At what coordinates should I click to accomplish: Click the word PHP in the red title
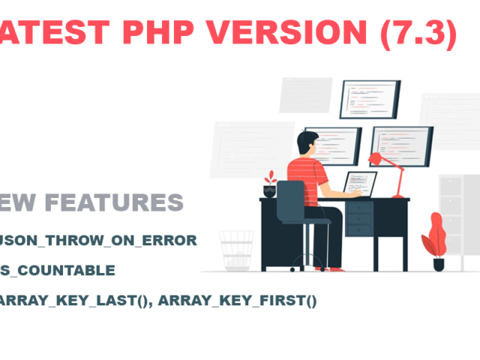click(x=155, y=33)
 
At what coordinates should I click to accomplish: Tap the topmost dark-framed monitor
click(x=369, y=100)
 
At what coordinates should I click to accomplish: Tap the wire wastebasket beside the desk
click(x=235, y=249)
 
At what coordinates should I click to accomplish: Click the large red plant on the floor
click(x=435, y=236)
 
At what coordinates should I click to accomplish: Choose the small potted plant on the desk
click(x=270, y=184)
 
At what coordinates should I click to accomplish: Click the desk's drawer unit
click(x=360, y=217)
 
